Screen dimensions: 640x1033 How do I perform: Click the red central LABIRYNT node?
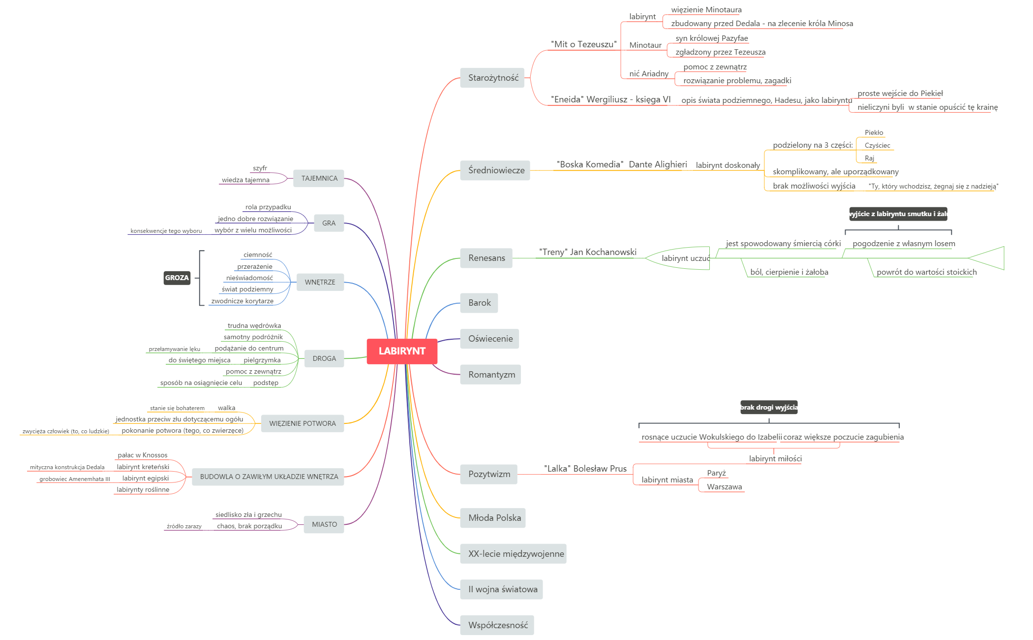(x=402, y=351)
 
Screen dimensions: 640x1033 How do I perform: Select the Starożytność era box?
(x=492, y=78)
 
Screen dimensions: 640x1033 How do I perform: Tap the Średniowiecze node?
(x=495, y=170)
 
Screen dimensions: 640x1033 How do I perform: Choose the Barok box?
(x=479, y=303)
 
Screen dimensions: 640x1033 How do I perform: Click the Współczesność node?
(x=497, y=625)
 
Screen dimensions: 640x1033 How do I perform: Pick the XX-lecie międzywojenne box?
(x=514, y=554)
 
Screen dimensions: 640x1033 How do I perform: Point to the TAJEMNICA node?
(x=319, y=178)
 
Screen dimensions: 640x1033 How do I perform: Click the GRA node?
(x=329, y=223)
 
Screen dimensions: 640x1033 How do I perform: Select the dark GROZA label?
(x=177, y=278)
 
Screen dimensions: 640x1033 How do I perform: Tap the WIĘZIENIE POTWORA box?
(x=302, y=423)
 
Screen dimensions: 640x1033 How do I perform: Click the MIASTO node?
(x=324, y=524)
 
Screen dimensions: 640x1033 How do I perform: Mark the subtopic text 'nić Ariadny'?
(x=649, y=74)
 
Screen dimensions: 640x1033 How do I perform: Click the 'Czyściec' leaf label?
(x=877, y=145)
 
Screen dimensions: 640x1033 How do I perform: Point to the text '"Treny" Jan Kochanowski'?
(x=587, y=252)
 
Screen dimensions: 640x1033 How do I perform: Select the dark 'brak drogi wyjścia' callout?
(x=769, y=407)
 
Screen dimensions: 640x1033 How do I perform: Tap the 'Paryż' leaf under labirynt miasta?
(x=716, y=473)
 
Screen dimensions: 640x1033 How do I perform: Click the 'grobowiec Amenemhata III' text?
(x=75, y=479)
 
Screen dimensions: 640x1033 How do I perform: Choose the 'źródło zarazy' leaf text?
(x=184, y=526)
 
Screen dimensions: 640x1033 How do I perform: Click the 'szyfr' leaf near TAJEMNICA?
(x=260, y=168)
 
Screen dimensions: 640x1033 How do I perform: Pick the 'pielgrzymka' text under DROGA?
(x=262, y=360)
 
